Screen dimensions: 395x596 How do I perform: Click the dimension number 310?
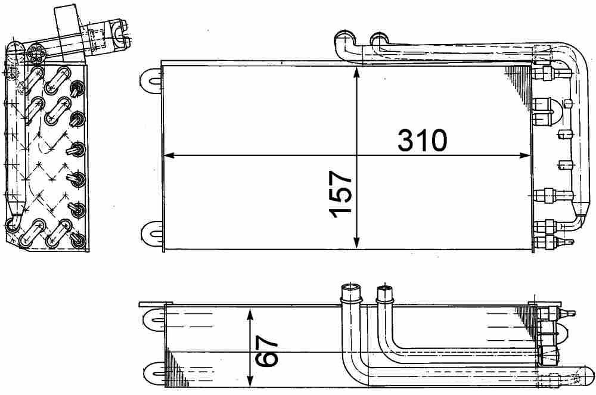[422, 141]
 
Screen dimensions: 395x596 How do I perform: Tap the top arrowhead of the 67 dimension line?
[251, 313]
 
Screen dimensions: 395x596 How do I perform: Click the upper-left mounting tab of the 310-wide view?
[150, 79]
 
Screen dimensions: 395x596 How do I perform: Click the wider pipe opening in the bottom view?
[349, 291]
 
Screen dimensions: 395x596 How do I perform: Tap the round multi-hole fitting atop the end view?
[36, 52]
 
